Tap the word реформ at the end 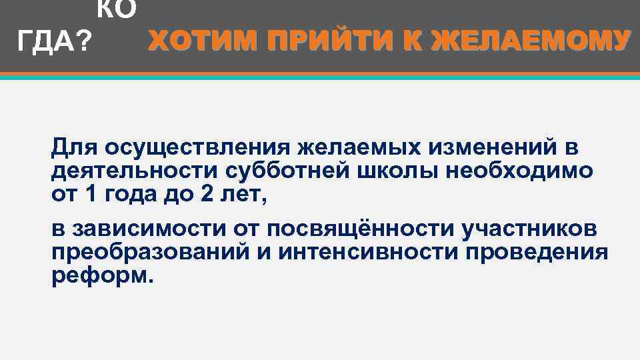pos(97,276)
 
